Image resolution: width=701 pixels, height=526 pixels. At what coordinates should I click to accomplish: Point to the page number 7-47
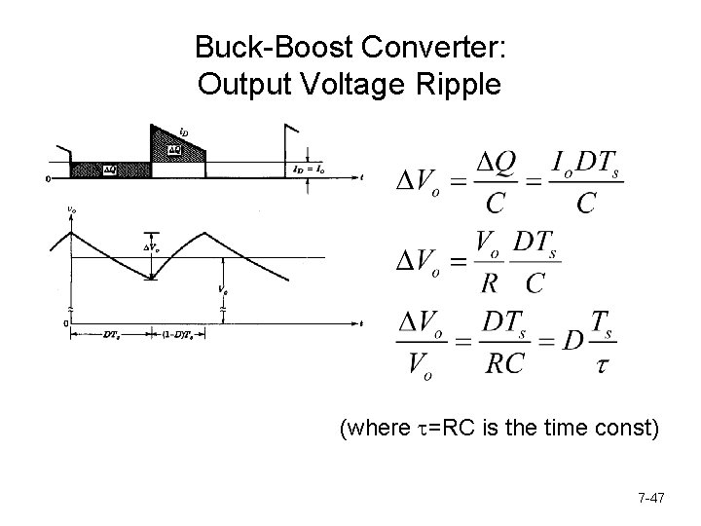point(650,499)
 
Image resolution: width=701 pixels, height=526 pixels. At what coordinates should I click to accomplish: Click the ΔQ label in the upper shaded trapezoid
point(173,150)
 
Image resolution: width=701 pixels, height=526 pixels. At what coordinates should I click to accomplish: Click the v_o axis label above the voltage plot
point(72,207)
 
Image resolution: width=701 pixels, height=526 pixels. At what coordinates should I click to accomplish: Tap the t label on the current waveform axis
point(361,179)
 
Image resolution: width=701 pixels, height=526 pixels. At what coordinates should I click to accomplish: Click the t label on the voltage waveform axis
point(361,321)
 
